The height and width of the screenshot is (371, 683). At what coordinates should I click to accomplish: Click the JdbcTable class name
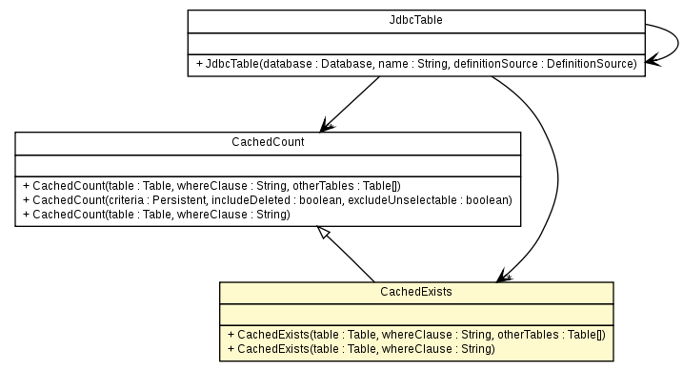(x=415, y=19)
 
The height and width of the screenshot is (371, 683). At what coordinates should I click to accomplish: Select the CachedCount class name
(x=267, y=142)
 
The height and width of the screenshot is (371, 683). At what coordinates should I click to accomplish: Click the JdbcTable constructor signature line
(x=415, y=64)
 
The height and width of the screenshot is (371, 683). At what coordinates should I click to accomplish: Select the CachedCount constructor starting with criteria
(x=266, y=199)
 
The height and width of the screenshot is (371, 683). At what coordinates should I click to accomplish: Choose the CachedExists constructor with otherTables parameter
(x=416, y=335)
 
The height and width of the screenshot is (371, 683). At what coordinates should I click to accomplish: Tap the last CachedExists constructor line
(x=362, y=349)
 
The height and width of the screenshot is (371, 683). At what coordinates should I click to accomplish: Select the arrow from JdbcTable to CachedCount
(x=352, y=102)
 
